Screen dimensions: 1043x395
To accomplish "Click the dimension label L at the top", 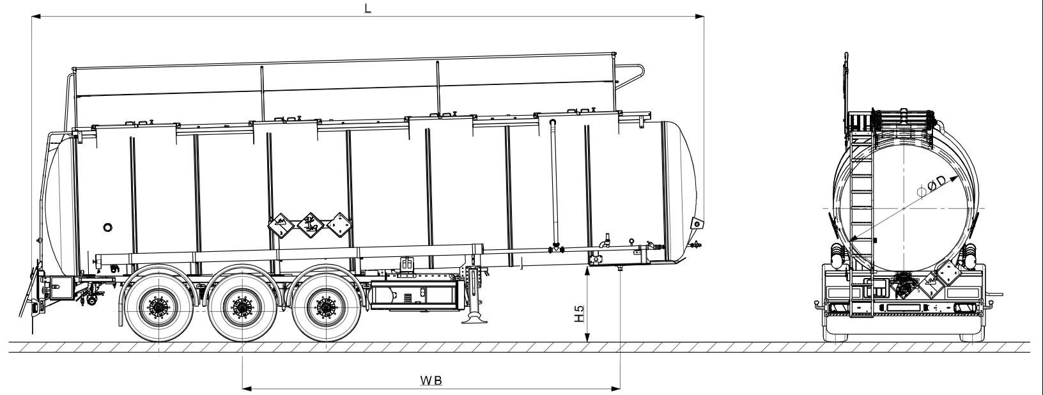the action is (x=368, y=8).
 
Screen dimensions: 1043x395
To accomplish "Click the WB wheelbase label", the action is (x=431, y=380).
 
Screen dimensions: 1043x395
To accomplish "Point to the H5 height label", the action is (x=579, y=313).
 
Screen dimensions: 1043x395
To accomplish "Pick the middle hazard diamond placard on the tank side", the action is (x=310, y=226).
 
